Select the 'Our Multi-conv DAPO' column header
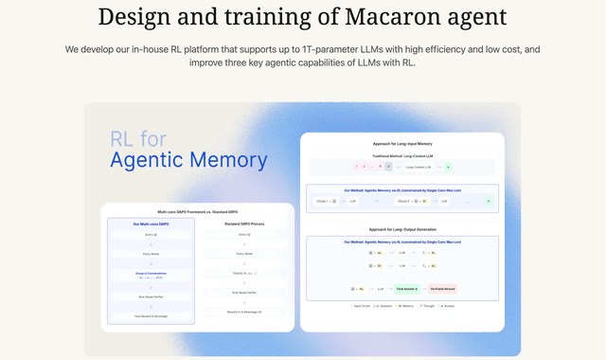click(x=151, y=224)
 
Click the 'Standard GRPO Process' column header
click(x=244, y=224)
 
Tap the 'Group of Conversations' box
click(x=151, y=274)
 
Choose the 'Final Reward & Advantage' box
click(x=151, y=315)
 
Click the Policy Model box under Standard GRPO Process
click(x=244, y=254)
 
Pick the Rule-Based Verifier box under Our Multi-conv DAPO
click(x=151, y=297)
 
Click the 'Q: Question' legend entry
click(x=382, y=306)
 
